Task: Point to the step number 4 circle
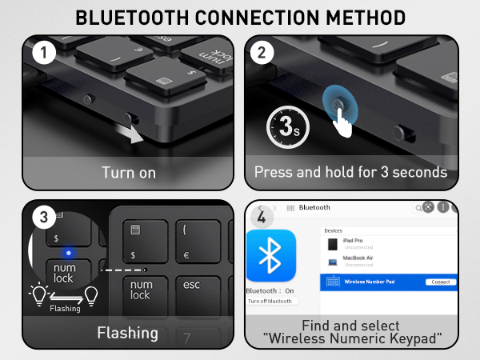260,216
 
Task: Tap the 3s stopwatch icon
286,126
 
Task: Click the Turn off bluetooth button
270,301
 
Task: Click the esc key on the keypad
191,285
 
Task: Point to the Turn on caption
128,172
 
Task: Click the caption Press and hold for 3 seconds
350,172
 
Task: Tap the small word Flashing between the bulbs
64,308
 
